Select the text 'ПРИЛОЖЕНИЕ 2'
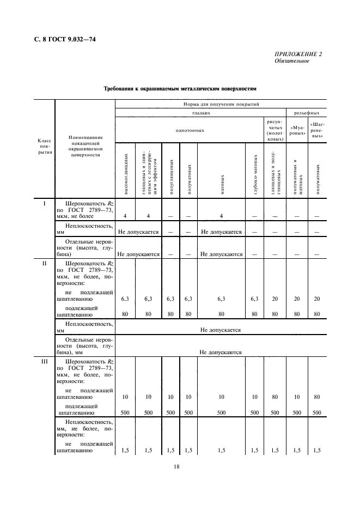click(298, 54)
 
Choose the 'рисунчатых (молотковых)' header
click(274, 130)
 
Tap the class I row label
click(44, 203)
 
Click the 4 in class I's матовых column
click(221, 216)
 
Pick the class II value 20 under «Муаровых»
click(297, 299)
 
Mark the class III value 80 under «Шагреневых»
click(318, 397)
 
